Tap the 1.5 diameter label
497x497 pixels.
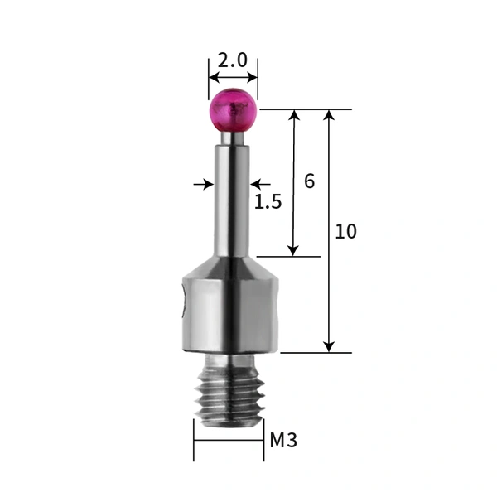click(x=268, y=201)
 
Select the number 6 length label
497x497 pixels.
click(x=309, y=181)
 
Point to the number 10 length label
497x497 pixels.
click(x=345, y=232)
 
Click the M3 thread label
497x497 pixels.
click(x=283, y=441)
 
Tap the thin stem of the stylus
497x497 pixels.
click(x=233, y=199)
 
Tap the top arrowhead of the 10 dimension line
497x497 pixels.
click(x=330, y=116)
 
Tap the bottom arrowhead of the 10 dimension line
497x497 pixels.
click(x=330, y=345)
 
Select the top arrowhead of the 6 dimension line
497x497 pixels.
click(x=292, y=116)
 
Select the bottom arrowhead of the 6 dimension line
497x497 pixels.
click(x=292, y=249)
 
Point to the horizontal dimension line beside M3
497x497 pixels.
click(x=229, y=440)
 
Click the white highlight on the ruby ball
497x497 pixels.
click(x=240, y=106)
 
